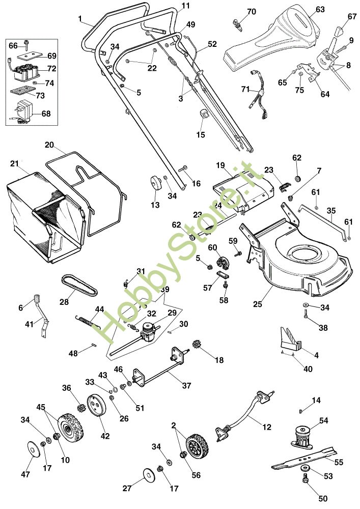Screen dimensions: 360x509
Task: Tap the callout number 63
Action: coord(320,9)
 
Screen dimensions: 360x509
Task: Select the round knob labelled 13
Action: coord(155,184)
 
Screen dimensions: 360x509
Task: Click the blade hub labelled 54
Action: coord(304,437)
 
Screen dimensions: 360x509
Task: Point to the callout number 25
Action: coord(258,304)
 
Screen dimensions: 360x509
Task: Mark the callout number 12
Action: coord(267,427)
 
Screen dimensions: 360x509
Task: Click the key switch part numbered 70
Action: coord(237,24)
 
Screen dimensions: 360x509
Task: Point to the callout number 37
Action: coord(186,386)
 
